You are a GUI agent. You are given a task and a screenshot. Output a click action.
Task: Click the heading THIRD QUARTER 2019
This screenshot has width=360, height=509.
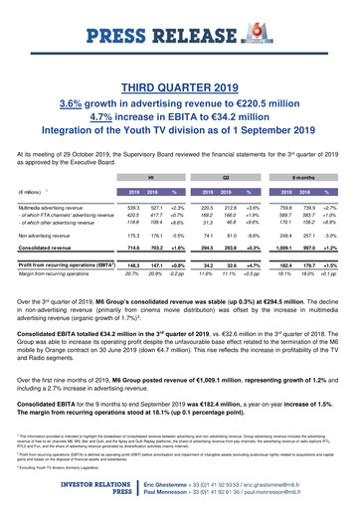pos(180,60)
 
